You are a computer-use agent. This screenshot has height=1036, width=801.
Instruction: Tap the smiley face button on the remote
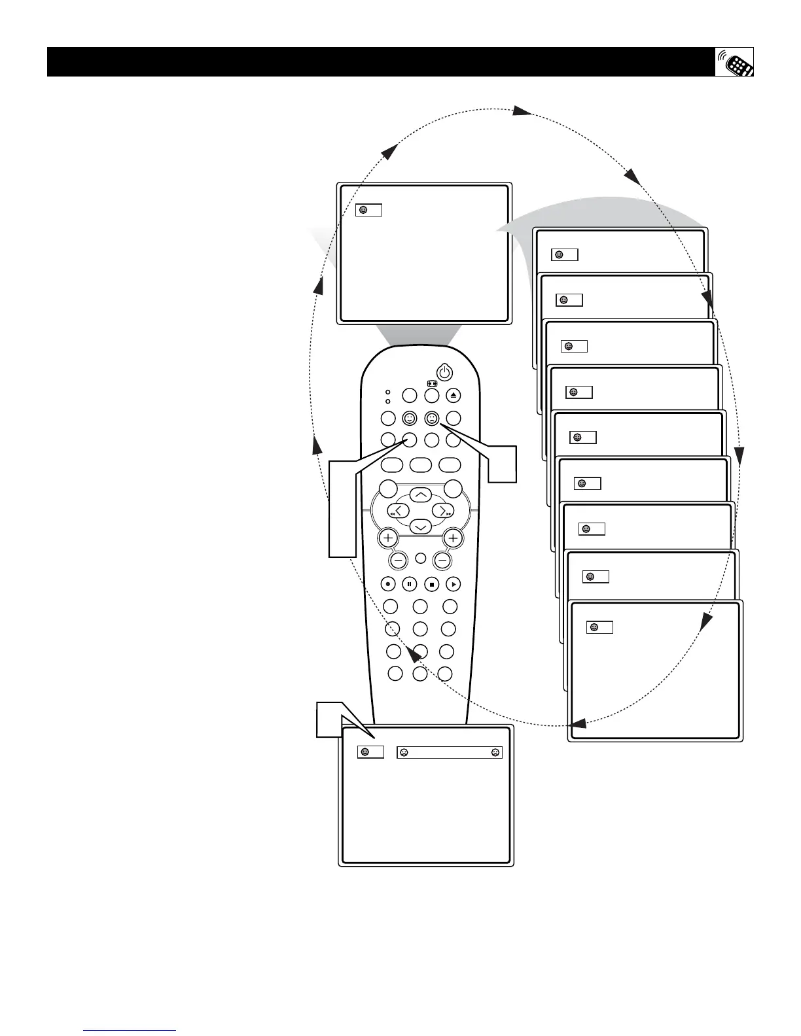click(410, 418)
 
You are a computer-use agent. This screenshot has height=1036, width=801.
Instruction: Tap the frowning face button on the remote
click(432, 418)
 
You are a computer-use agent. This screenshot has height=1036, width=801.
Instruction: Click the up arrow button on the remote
click(420, 494)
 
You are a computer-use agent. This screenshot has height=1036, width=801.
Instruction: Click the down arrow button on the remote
click(420, 527)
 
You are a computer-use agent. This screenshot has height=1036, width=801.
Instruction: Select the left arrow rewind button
click(398, 511)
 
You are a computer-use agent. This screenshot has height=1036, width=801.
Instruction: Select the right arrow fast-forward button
click(443, 511)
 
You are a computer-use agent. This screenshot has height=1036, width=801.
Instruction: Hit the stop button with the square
click(431, 584)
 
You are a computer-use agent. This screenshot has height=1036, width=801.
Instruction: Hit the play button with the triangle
click(453, 584)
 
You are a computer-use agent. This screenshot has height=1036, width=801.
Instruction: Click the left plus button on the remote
click(388, 538)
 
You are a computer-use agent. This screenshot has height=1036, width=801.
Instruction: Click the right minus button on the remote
click(443, 560)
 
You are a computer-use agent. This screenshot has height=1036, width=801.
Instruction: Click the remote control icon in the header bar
click(734, 62)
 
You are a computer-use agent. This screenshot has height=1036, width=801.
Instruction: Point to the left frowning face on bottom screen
click(404, 753)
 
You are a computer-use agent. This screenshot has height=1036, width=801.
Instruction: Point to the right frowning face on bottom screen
click(495, 753)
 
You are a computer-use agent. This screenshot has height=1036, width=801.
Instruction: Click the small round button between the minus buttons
click(421, 559)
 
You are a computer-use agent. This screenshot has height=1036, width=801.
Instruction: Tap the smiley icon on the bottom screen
click(365, 753)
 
